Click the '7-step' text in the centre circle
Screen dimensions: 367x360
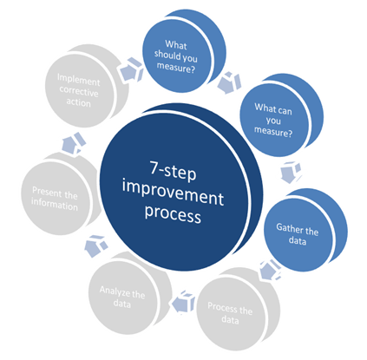[173, 171]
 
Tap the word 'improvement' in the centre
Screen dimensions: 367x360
[173, 192]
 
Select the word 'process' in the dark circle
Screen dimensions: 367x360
[173, 214]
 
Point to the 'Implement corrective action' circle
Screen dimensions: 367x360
[83, 86]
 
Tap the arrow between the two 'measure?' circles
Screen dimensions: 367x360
[229, 82]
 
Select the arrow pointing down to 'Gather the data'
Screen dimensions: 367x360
[291, 173]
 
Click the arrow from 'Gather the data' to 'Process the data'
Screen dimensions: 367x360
[270, 270]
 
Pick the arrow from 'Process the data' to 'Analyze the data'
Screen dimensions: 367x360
[184, 303]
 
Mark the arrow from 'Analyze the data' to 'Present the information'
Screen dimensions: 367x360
[95, 245]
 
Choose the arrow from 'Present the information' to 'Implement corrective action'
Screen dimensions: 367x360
[74, 143]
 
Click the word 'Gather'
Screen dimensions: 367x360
[288, 228]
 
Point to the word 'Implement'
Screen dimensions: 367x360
[78, 80]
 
